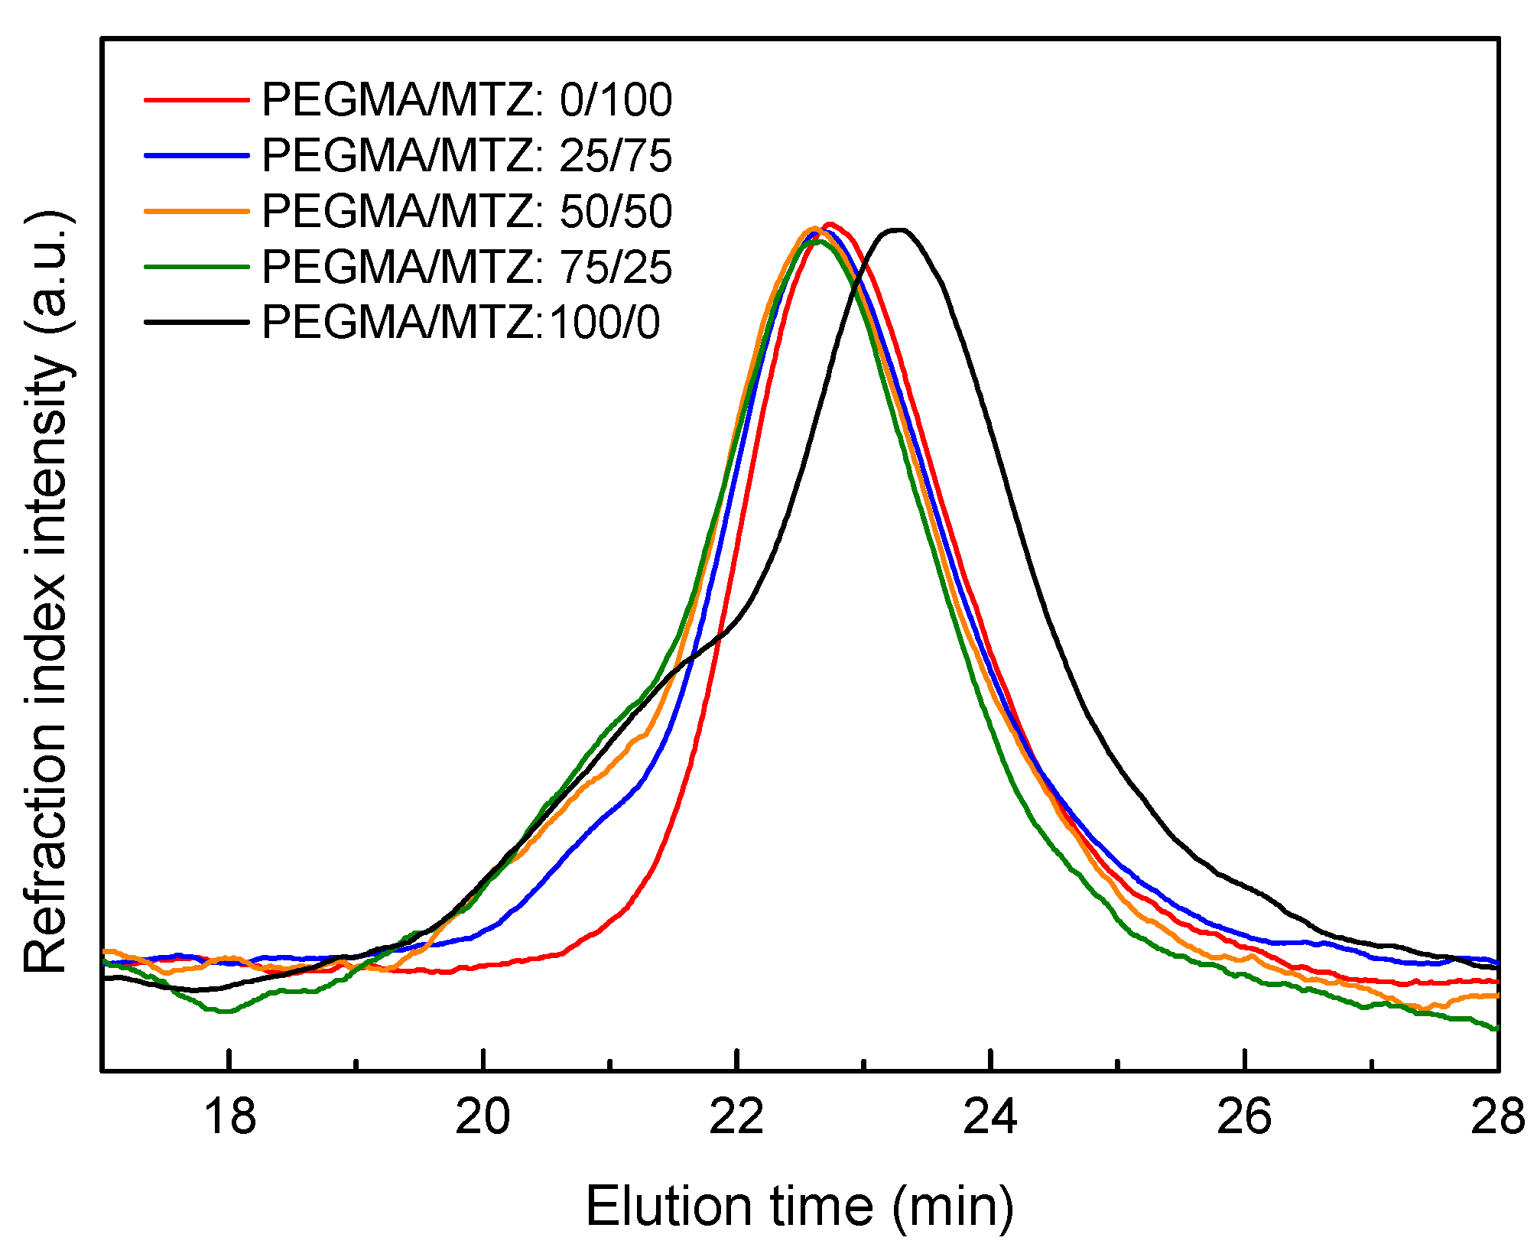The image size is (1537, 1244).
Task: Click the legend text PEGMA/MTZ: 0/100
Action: (466, 100)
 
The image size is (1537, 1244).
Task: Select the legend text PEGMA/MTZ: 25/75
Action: (466, 156)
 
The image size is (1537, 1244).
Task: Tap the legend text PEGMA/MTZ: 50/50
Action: (466, 212)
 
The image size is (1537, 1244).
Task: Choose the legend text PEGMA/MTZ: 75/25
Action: (466, 268)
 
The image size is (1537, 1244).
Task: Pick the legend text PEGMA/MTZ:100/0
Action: (460, 323)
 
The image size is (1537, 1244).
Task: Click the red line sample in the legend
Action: (197, 99)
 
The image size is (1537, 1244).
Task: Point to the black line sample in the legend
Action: (197, 322)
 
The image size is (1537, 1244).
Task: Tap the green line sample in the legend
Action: (197, 267)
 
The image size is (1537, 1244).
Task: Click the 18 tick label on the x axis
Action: (229, 1117)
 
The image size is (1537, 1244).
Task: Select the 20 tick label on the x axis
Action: (483, 1117)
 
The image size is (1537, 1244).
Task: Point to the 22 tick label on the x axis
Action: (736, 1117)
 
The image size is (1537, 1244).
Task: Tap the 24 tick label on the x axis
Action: (990, 1117)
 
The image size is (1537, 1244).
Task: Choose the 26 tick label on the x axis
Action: (1244, 1117)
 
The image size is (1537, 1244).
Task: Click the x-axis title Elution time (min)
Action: (799, 1207)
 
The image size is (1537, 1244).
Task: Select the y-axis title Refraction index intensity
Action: (47, 593)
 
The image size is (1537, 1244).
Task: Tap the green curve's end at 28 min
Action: (1495, 1028)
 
